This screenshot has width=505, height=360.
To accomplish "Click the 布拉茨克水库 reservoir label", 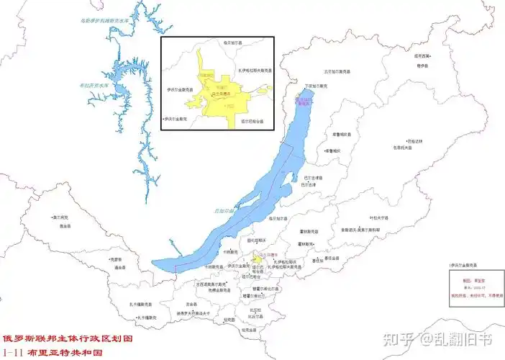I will click(94, 85).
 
